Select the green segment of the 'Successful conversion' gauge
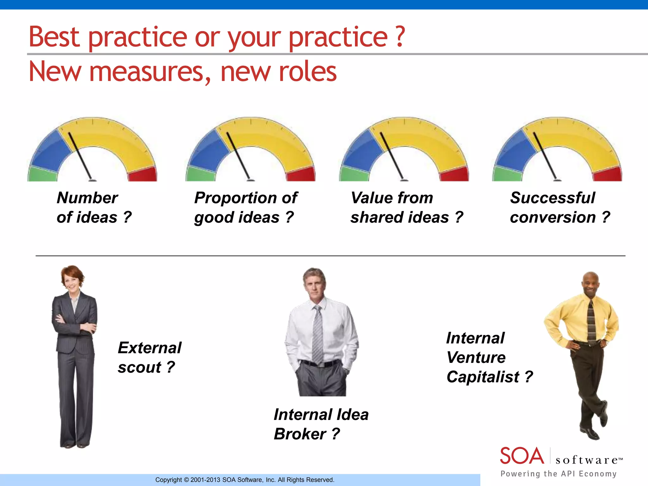(507, 174)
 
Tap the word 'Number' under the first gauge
(87, 198)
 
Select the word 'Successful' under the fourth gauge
(552, 198)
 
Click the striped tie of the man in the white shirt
(318, 335)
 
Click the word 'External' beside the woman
(150, 348)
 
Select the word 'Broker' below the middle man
(300, 434)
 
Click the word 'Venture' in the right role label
(476, 358)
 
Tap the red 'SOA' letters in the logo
(522, 456)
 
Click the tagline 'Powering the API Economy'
(558, 474)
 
